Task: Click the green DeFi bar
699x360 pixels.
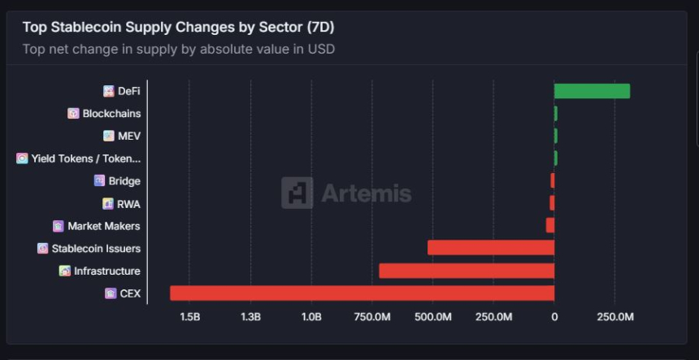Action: coord(592,91)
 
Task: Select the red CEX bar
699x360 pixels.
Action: coord(362,293)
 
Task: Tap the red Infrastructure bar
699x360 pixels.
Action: coord(467,271)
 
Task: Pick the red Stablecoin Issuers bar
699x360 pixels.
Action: coord(491,248)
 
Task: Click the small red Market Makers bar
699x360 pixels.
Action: coord(550,225)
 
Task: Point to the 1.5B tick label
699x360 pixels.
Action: coord(189,316)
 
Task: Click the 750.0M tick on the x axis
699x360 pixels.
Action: coord(371,316)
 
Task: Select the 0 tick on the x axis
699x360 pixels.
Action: coord(554,316)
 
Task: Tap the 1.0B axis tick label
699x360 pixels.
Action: coord(311,316)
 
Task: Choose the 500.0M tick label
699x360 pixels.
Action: coord(432,316)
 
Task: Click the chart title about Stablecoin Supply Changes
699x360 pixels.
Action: coord(178,27)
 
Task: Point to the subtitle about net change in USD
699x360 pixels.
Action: coord(179,49)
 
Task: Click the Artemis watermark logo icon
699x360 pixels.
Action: coord(297,193)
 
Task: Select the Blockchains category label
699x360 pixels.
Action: coord(111,114)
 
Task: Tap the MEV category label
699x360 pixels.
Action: coord(129,136)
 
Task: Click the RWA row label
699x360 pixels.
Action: coord(128,203)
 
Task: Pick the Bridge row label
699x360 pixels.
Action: coord(124,181)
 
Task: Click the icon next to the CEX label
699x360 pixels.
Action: coord(111,293)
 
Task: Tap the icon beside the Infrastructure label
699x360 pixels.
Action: coord(65,271)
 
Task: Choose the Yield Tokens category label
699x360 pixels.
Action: coord(85,158)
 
